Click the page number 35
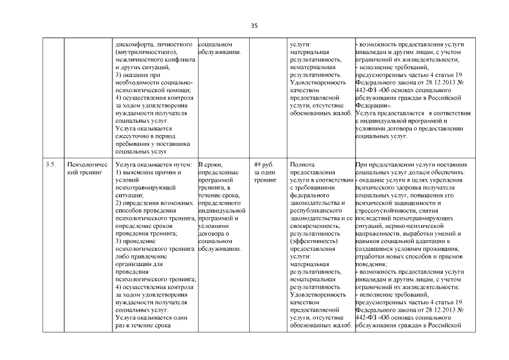254,26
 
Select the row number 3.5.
50,164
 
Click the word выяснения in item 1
139,172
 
